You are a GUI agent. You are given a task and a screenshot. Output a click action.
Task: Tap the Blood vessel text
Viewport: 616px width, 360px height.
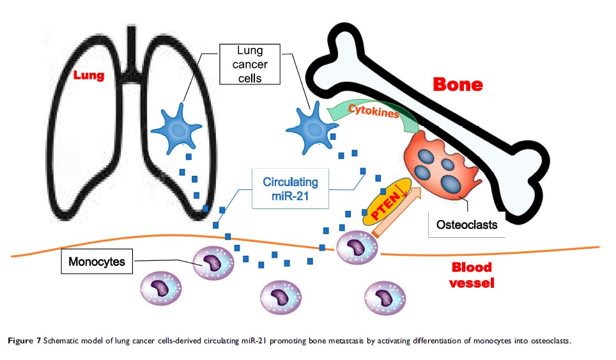[470, 274]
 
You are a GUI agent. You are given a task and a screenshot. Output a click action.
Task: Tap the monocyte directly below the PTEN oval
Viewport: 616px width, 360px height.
[353, 246]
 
